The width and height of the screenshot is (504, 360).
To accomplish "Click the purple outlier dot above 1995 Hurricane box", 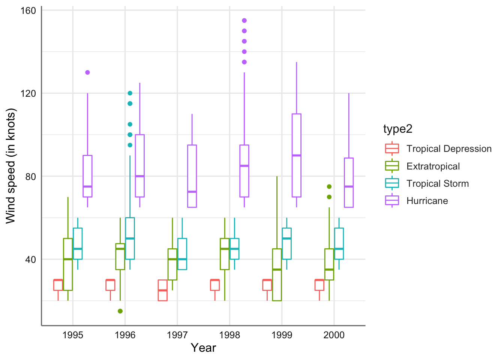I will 87,72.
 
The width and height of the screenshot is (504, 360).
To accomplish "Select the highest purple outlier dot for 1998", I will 244,21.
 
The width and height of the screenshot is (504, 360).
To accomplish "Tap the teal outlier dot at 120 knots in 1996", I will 130,93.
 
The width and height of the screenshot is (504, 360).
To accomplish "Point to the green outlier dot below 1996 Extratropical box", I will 120,311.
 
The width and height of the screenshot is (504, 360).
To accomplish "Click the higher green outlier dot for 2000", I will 329,186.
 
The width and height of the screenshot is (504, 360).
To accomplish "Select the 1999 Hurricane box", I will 297,155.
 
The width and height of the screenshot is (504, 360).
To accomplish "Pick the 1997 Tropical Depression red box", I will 163,290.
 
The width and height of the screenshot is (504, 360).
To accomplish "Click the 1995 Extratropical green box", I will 68,264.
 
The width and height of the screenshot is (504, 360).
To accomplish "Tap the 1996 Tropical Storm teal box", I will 130,238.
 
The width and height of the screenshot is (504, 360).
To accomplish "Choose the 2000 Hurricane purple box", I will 349,183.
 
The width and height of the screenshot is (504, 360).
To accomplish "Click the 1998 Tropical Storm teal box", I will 234,249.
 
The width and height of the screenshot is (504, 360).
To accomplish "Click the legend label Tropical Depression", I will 449,149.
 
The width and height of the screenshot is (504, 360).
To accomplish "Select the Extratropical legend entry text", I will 433,166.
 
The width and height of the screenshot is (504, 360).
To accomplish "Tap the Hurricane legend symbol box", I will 392,201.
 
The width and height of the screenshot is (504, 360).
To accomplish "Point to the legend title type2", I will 397,129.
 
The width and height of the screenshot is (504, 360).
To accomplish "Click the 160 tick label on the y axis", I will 28,10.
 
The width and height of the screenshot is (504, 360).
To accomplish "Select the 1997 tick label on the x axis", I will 177,335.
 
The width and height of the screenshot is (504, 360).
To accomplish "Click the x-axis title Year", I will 203,348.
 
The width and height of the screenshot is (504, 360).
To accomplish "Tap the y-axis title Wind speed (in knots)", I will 11,166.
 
